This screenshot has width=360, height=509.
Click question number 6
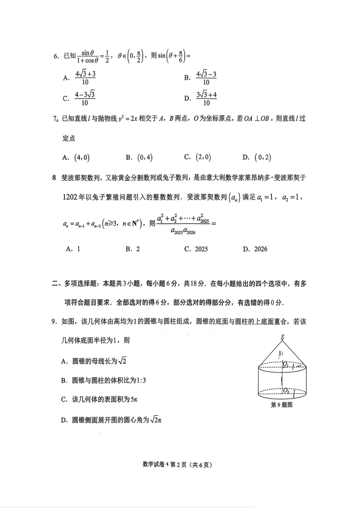pos(56,56)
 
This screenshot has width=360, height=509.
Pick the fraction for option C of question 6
pos(85,99)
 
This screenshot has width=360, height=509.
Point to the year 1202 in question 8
pos(70,197)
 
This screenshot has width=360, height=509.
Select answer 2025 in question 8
pos(201,249)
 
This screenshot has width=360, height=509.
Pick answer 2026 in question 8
pos(260,249)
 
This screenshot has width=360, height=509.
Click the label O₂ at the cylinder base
pos(286,391)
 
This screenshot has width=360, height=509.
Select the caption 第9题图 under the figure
pos(282,405)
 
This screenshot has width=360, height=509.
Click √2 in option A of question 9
pos(123,361)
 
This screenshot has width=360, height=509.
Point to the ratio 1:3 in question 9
pos(141,380)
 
